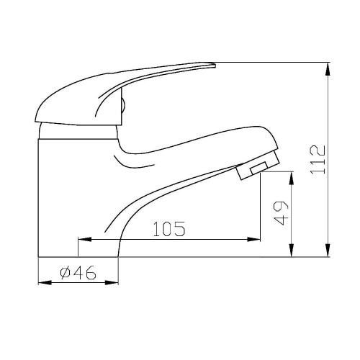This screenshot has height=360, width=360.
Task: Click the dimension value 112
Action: [318, 160]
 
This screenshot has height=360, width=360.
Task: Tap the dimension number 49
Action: [281, 212]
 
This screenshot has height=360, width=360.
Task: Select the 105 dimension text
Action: [169, 229]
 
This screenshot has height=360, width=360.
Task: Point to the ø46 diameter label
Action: [78, 273]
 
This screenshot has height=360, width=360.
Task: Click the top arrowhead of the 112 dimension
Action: [328, 70]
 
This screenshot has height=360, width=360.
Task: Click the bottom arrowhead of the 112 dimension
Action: [328, 250]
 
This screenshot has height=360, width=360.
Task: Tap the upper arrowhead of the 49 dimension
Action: [291, 178]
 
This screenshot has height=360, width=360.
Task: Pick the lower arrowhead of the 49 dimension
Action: [291, 250]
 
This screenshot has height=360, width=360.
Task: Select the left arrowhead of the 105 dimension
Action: [85, 239]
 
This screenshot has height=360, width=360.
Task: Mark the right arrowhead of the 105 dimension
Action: [253, 239]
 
